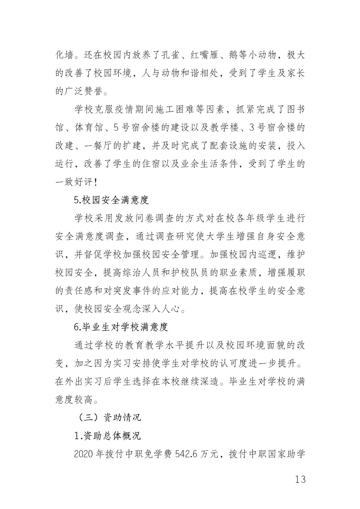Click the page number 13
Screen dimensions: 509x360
pyautogui.click(x=300, y=479)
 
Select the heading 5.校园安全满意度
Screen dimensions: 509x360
pyautogui.click(x=111, y=200)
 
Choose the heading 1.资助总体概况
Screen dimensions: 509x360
pyautogui.click(x=107, y=436)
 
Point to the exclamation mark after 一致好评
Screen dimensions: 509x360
pyautogui.click(x=96, y=182)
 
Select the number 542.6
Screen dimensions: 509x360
pyautogui.click(x=191, y=454)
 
